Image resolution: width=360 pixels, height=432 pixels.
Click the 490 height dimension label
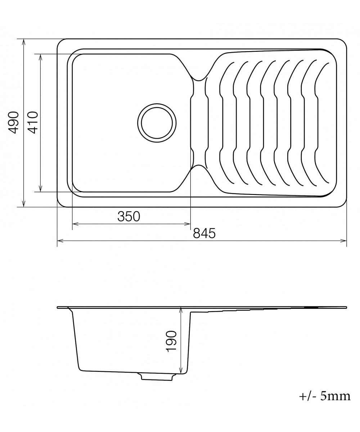tap(13, 122)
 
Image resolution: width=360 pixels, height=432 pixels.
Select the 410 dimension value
tap(33, 122)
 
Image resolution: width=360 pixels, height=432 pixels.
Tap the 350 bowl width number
tap(129, 216)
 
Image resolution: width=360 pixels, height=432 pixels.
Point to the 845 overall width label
tap(204, 233)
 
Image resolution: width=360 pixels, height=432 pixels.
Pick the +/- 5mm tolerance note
tap(325, 396)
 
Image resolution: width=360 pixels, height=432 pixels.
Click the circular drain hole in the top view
tap(157, 123)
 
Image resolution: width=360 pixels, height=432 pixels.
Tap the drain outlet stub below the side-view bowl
tap(156, 376)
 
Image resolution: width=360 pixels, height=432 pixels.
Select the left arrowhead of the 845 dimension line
tap(60, 240)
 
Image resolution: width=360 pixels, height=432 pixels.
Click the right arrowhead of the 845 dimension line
tap(343, 240)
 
